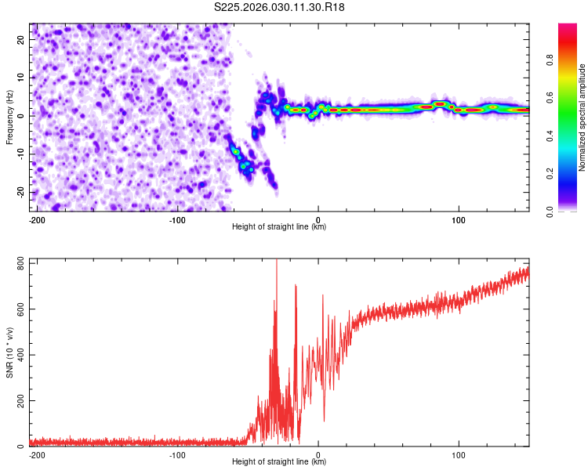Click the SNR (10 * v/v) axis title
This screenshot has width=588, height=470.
[x=9, y=352]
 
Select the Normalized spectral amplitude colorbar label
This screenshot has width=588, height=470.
[x=583, y=117]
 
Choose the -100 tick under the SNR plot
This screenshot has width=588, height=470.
[x=177, y=454]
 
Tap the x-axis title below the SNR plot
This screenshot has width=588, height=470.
[x=279, y=462]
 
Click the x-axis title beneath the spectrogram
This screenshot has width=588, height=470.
[x=279, y=227]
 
